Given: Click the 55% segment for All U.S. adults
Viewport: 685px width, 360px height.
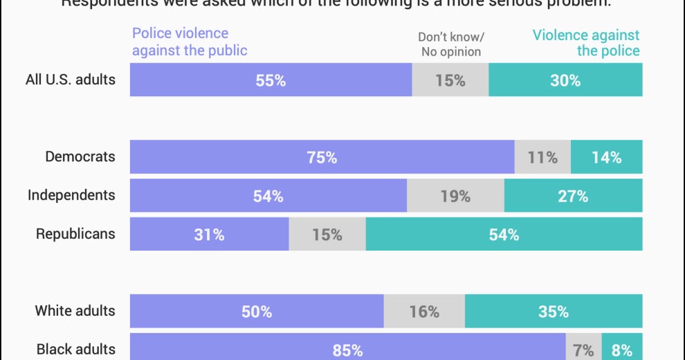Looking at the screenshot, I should [271, 80].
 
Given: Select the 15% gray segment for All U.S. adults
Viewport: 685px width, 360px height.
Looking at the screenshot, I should [450, 80].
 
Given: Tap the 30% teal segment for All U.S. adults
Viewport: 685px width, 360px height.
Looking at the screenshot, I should [565, 80].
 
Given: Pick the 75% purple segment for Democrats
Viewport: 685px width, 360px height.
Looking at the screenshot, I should [322, 157].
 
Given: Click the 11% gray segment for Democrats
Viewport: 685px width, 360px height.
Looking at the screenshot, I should [542, 157].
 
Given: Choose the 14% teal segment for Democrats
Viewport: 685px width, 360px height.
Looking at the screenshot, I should [607, 157].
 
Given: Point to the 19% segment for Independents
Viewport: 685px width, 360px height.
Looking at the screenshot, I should [455, 196].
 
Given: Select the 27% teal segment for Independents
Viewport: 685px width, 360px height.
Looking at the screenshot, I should [573, 196].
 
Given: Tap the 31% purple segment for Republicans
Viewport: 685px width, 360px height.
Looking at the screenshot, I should [209, 235].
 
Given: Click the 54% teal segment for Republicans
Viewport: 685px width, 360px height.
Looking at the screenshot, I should [504, 235].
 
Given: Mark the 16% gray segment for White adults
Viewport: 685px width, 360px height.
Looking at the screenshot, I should [424, 312].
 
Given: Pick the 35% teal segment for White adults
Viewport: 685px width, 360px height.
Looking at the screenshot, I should [554, 312].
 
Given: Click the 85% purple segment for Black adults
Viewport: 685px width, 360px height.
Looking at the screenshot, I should [347, 349].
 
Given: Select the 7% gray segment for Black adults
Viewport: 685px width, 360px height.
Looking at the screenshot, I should [584, 349].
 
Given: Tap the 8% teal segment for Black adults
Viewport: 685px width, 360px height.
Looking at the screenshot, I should [622, 349].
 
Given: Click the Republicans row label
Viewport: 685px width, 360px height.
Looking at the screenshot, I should [75, 234].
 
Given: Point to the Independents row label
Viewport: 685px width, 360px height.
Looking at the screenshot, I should [71, 195].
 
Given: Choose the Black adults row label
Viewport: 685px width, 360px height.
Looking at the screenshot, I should [75, 349].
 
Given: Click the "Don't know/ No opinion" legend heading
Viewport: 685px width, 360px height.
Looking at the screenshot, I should [451, 44].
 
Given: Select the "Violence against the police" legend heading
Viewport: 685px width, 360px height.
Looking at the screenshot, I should [586, 42].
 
